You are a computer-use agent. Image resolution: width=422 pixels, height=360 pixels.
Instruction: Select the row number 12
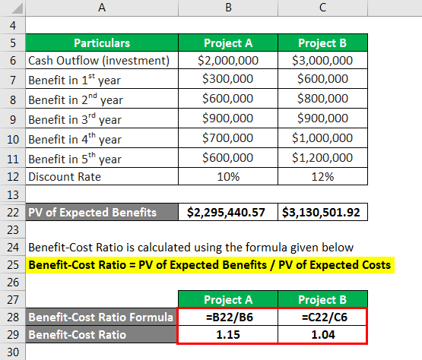click(x=12, y=177)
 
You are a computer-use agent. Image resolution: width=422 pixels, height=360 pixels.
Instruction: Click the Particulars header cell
click(x=102, y=43)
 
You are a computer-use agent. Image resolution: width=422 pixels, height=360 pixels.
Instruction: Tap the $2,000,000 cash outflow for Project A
click(x=229, y=62)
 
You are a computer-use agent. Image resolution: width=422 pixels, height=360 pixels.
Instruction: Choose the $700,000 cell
click(x=229, y=138)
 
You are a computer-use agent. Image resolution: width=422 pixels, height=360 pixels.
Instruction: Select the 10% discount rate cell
click(x=229, y=177)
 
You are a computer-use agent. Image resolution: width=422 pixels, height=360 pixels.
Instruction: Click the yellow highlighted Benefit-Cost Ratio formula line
click(x=209, y=264)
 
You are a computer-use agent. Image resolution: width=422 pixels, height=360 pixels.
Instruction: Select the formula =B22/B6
click(x=229, y=315)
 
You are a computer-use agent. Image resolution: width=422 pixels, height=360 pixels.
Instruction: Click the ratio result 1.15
click(x=229, y=334)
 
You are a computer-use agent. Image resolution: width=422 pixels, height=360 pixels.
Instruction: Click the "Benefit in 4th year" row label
click(x=75, y=139)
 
